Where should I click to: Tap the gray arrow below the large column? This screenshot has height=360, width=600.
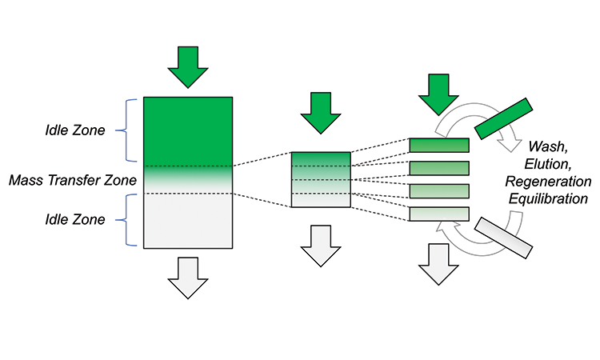(188, 278)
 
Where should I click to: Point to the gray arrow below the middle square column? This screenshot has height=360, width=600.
(321, 246)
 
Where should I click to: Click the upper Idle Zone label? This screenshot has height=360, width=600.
(75, 130)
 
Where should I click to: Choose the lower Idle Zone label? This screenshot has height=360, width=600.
(75, 219)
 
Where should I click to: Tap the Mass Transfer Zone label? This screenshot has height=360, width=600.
(73, 180)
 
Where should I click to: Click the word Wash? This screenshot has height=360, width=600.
(547, 146)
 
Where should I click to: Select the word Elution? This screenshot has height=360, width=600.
(548, 164)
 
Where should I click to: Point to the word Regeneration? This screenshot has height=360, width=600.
(548, 182)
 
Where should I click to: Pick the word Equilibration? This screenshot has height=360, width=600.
(548, 199)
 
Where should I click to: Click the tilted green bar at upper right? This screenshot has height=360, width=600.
(503, 118)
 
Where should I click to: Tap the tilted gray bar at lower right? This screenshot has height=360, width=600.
(503, 238)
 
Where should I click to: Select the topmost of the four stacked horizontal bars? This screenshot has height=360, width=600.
(439, 146)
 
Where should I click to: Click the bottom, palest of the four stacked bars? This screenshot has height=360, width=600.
(439, 214)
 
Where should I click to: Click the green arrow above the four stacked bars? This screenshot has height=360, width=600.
(438, 94)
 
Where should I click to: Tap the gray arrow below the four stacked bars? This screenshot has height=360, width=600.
(438, 264)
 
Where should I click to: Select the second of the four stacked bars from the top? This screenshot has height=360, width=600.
(439, 168)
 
